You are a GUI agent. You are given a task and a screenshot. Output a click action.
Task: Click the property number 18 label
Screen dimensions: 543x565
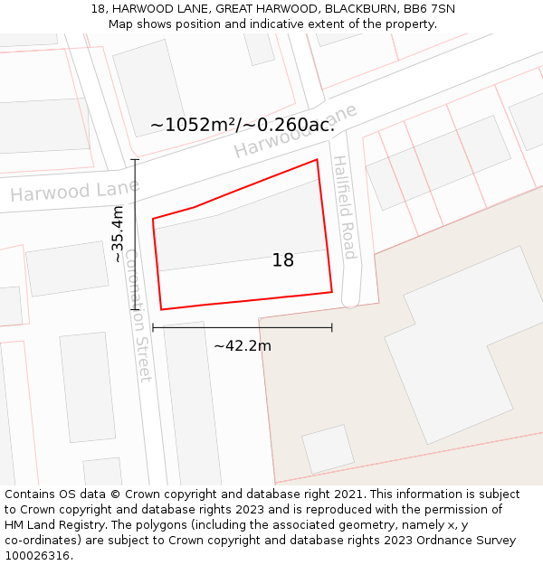283,260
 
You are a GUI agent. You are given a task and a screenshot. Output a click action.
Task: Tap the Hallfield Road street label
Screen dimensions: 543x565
344,207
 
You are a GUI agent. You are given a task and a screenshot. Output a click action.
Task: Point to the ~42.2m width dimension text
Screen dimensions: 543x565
242,345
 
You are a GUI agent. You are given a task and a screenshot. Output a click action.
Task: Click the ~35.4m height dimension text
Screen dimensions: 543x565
118,233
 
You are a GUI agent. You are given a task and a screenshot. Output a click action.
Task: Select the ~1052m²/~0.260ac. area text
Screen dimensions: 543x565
243,125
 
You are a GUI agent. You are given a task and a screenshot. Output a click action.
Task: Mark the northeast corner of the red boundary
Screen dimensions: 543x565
317,160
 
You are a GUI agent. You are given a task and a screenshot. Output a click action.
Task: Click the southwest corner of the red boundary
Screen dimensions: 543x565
161,310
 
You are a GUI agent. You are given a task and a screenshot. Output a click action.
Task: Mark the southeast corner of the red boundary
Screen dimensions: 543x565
332,292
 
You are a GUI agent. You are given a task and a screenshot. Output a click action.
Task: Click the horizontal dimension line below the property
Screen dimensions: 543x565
242,327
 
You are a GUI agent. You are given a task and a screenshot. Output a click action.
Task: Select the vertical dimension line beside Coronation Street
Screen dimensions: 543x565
135,235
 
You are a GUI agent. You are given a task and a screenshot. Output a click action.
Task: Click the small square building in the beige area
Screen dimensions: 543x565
328,449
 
